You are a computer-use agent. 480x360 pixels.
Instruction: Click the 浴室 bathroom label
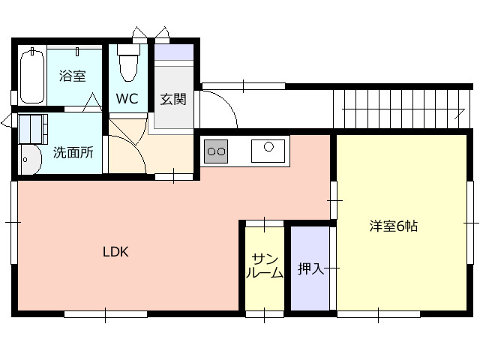72,76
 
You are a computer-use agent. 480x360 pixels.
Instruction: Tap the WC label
127,98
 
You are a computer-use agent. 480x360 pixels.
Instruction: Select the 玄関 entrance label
173,99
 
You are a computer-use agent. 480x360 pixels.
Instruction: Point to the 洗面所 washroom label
73,152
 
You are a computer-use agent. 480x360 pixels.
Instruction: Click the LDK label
115,252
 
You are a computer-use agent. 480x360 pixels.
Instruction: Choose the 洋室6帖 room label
393,226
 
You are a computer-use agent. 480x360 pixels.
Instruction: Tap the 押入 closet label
310,268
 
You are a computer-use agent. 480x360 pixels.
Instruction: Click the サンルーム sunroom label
265,266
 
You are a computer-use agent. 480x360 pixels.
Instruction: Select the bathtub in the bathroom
31,76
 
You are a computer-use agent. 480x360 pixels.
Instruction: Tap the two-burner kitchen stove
216,151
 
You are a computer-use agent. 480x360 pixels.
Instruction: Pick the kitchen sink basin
268,151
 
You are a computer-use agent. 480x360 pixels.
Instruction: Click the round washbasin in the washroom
30,160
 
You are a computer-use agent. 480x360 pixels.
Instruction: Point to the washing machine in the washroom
33,129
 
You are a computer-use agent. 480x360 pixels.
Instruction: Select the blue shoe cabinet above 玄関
174,52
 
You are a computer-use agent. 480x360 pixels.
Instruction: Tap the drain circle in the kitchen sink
268,147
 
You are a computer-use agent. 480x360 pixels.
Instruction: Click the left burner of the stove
211,151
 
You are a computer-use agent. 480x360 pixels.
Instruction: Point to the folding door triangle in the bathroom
92,102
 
